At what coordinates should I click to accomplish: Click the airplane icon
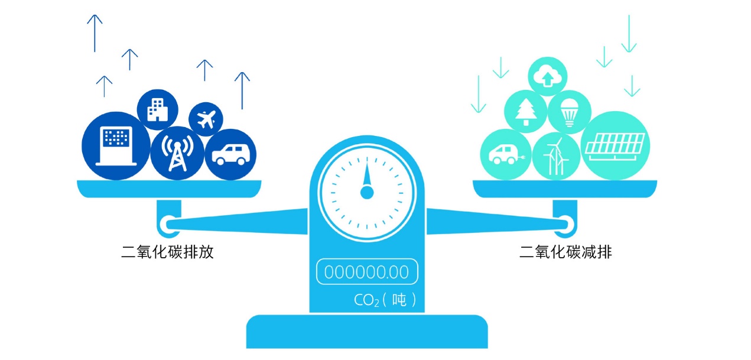point(206,119)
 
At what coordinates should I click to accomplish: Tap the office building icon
point(158,109)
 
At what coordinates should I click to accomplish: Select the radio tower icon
point(177,153)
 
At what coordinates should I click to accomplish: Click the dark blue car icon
point(231,155)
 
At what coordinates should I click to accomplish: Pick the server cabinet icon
point(116,146)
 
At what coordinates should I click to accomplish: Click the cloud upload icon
point(548,76)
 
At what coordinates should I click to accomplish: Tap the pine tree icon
point(526,112)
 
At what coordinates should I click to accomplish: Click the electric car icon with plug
point(506,155)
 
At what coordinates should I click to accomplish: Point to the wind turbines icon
point(556,156)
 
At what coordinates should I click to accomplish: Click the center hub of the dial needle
point(367,193)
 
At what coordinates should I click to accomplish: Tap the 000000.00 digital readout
point(367,272)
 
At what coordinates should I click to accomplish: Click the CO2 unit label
point(385,300)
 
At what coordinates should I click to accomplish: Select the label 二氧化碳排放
point(167,252)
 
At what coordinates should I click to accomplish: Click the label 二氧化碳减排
point(565,252)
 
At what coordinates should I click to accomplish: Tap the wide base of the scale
point(367,332)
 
